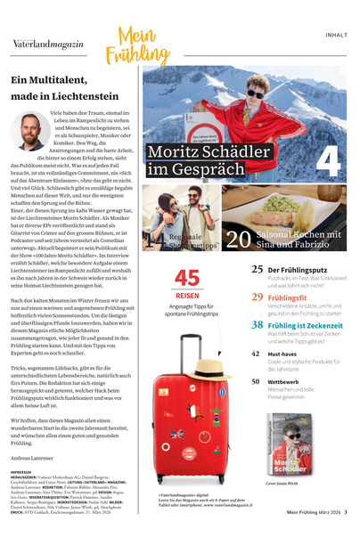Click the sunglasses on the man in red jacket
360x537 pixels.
(256, 94)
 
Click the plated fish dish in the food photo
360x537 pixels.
(303, 214)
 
